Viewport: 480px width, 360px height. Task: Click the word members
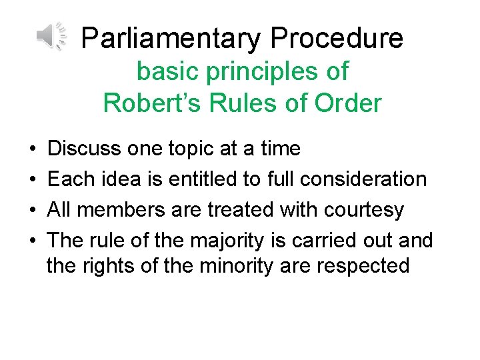tap(125, 209)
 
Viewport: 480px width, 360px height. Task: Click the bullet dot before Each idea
tap(33, 179)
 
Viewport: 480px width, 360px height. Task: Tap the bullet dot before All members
tap(33, 210)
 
